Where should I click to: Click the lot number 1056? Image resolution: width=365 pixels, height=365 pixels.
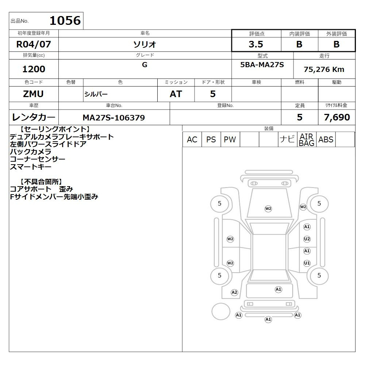click(65, 20)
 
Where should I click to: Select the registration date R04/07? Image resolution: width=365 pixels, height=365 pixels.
click(34, 44)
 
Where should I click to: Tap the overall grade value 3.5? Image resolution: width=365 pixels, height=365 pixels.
click(256, 44)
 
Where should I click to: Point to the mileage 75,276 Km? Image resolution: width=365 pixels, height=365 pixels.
click(324, 69)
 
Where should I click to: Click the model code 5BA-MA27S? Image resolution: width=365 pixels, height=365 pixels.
click(262, 65)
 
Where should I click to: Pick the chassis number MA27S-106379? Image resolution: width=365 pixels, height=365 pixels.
click(114, 118)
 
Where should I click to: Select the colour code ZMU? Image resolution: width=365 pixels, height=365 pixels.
click(33, 94)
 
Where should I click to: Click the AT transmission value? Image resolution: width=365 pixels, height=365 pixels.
click(176, 94)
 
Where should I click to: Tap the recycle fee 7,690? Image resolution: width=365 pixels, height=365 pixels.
click(337, 117)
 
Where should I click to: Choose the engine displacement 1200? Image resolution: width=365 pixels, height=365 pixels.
click(34, 69)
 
